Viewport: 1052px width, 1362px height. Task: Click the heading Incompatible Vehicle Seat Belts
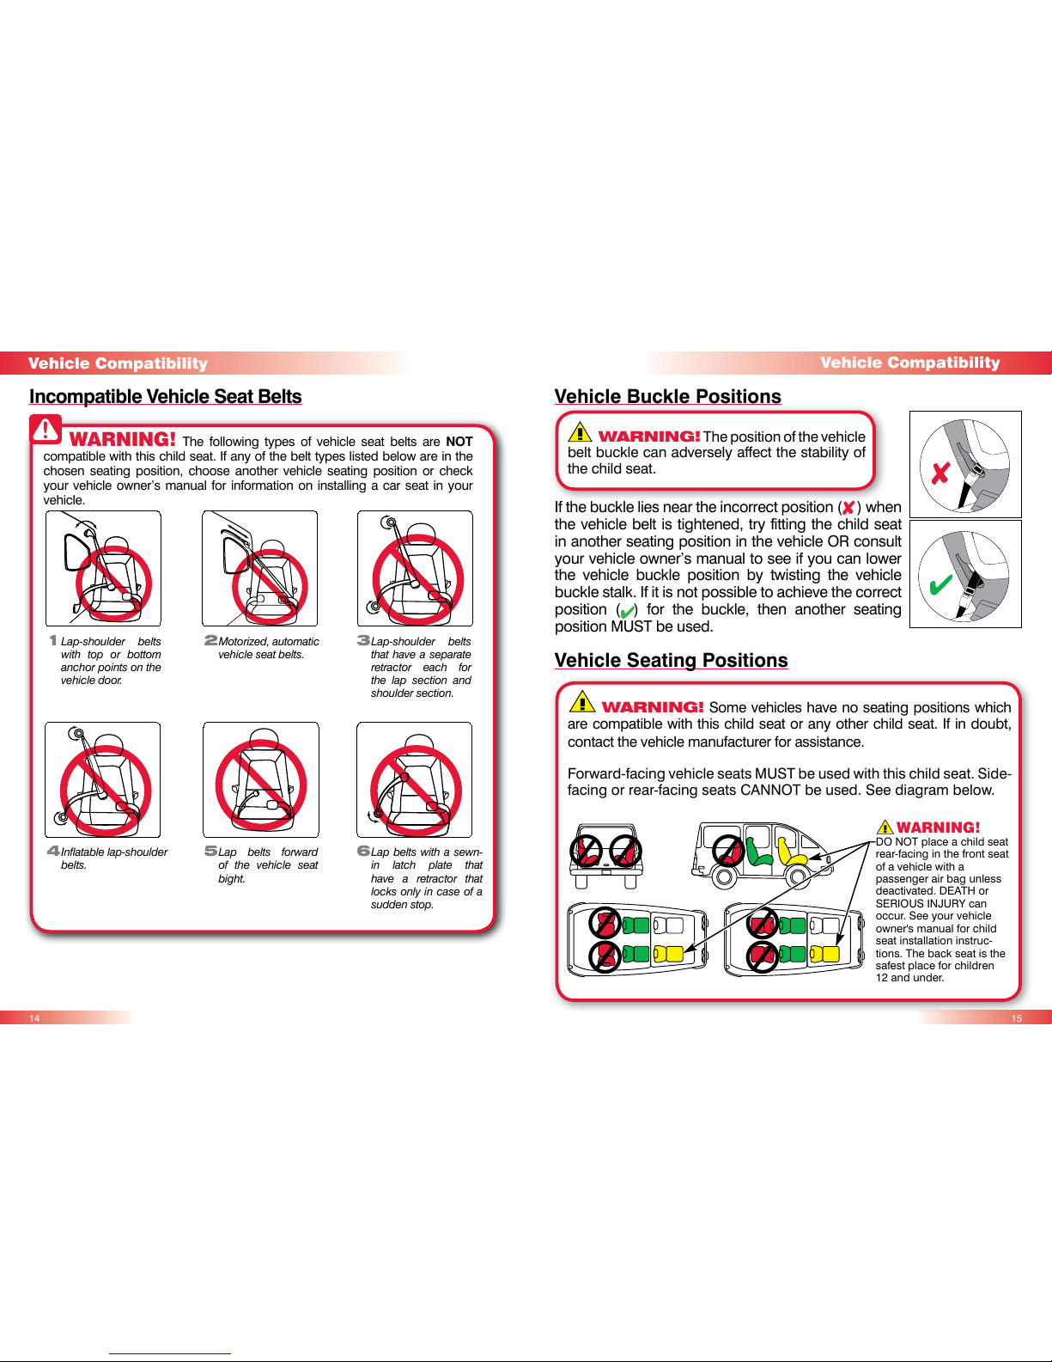point(165,396)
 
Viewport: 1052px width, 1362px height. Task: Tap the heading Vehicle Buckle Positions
point(667,396)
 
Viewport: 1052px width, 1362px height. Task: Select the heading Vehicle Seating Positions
point(671,660)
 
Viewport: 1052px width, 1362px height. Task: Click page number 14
point(34,1018)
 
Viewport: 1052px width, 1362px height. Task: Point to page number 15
point(1016,1018)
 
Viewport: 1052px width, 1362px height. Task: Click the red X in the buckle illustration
point(940,473)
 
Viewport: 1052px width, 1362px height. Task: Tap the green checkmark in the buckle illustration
point(940,584)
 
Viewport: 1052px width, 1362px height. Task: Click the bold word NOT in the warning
point(459,442)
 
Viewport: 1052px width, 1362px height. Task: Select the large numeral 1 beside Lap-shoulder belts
point(53,640)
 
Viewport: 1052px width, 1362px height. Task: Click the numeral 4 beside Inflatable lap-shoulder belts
point(53,851)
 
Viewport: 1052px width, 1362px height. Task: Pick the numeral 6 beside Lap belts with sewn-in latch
point(363,851)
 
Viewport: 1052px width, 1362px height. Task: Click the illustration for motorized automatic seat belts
point(260,568)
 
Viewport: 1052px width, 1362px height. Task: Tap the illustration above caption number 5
point(261,779)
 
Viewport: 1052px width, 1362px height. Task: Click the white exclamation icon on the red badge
point(45,430)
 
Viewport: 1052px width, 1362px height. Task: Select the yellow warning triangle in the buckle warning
point(580,432)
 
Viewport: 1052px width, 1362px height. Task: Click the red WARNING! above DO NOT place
point(938,827)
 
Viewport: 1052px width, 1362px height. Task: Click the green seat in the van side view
point(759,851)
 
